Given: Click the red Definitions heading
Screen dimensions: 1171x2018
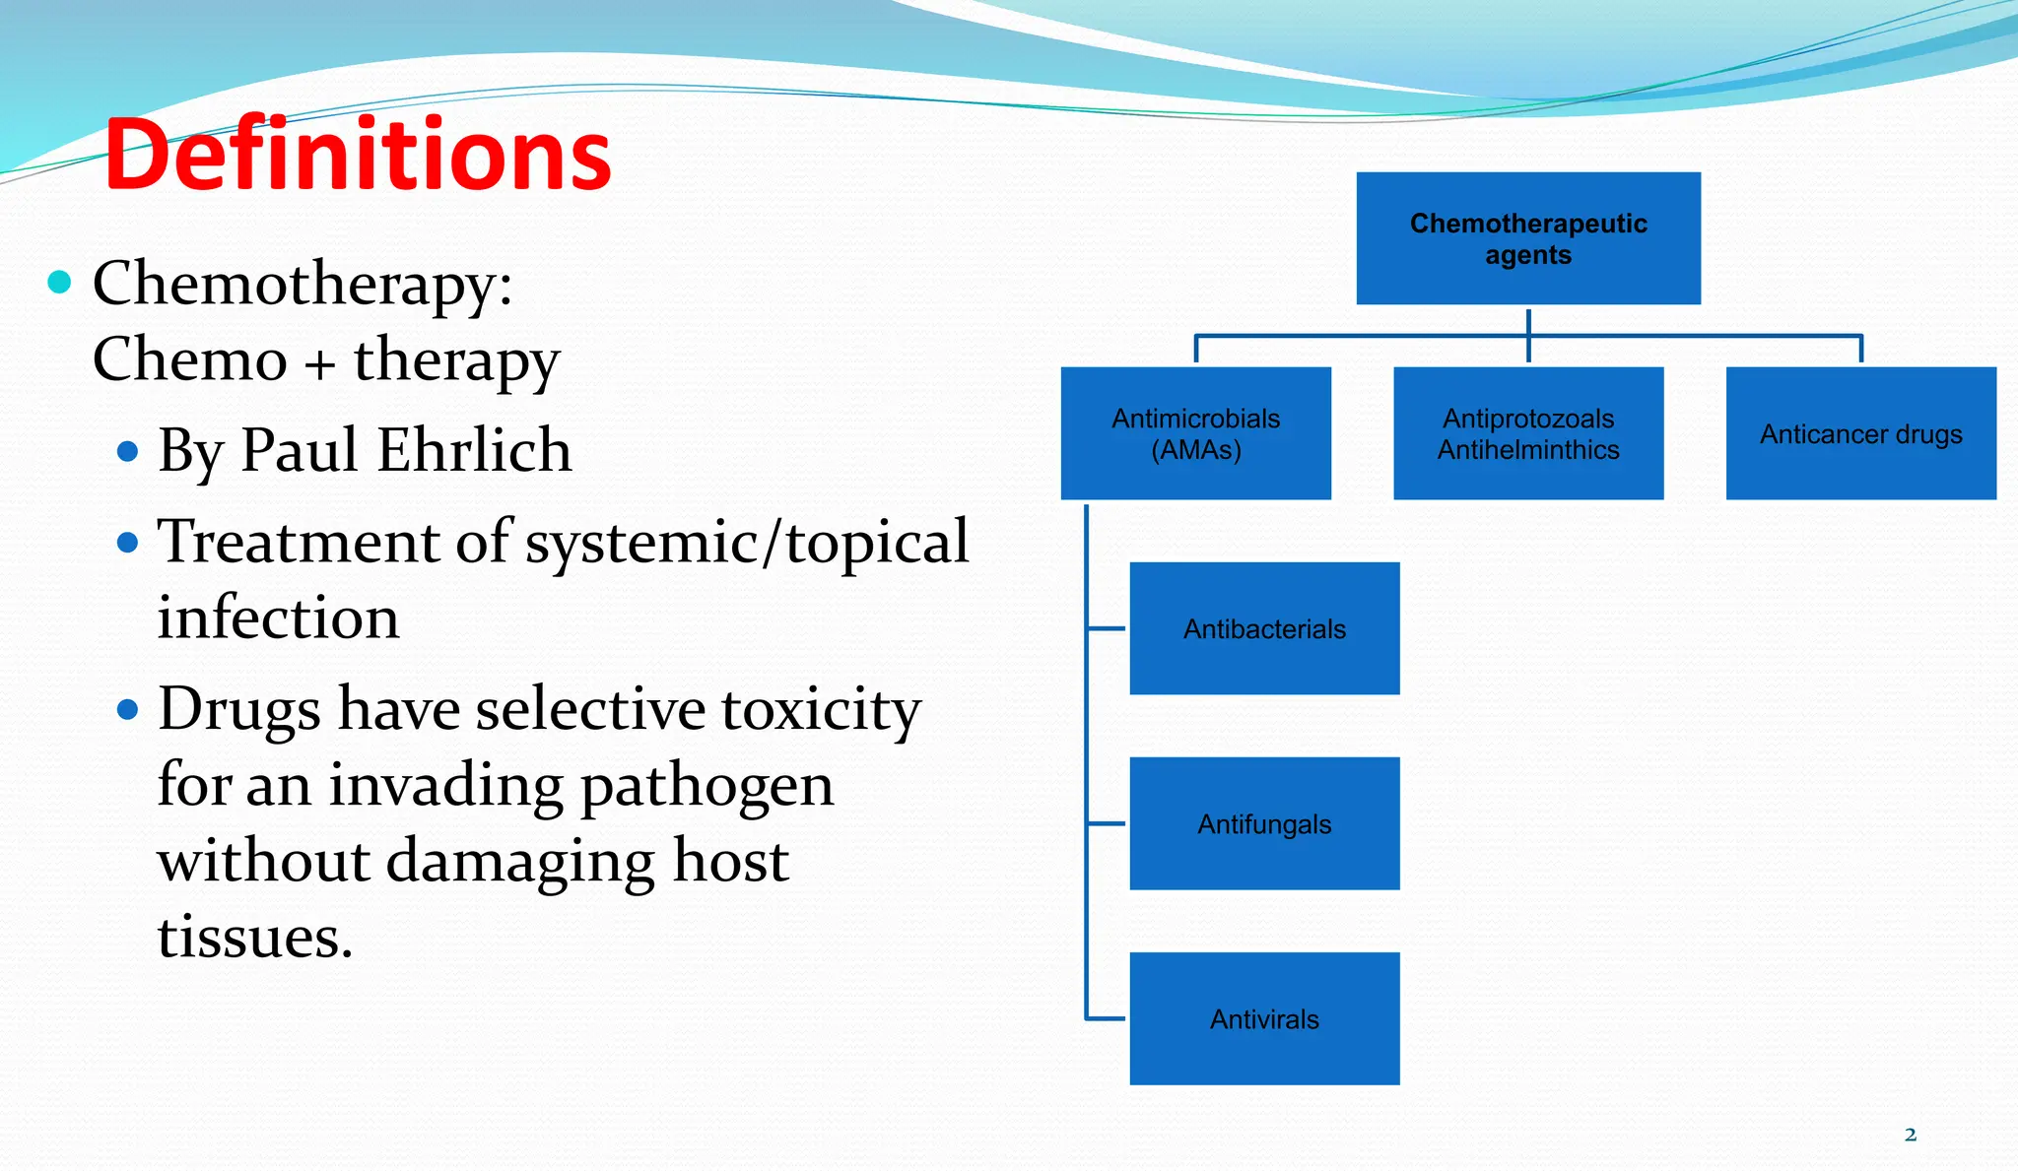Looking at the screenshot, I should [x=357, y=155].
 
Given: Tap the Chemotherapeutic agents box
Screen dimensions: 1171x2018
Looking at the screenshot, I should [x=1527, y=238].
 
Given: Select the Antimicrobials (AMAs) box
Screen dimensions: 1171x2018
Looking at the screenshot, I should [x=1195, y=433].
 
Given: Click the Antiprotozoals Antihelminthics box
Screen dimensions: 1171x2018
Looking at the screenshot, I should [x=1527, y=433].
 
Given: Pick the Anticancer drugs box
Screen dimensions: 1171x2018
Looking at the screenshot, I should [x=1860, y=433].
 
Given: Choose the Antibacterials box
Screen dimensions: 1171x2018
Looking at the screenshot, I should [x=1264, y=628].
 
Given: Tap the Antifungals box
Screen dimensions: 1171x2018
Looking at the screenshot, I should [x=1264, y=823].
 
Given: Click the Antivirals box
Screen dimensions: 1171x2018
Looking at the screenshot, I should [x=1264, y=1018].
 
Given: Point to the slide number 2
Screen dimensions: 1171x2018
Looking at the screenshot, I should [x=1910, y=1135].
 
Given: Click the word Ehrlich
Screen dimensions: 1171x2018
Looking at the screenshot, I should [x=474, y=451].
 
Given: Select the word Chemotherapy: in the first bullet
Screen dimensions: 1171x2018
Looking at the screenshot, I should [x=303, y=286].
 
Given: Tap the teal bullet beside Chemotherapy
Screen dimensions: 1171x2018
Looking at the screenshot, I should [x=60, y=283].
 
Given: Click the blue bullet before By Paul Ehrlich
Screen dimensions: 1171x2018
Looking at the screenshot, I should [x=127, y=452].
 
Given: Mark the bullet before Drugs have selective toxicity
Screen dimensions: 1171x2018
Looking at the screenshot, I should [x=127, y=709].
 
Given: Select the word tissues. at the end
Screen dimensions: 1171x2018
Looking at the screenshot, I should [x=254, y=937].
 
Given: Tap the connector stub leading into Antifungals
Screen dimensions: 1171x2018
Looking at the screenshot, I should [x=1106, y=823].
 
